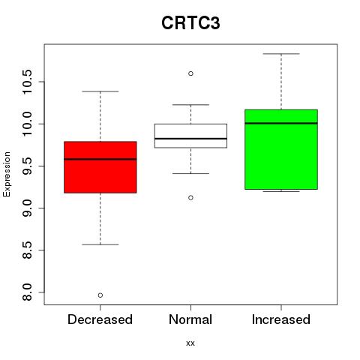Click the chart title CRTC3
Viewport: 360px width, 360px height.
[190, 23]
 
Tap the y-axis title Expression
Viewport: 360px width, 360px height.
[7, 174]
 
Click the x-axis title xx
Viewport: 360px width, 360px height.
[190, 343]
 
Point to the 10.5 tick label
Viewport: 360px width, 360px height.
[27, 82]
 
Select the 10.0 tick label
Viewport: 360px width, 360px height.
[27, 124]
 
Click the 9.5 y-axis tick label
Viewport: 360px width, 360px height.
[27, 166]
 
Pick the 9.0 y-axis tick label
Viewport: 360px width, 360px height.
[27, 208]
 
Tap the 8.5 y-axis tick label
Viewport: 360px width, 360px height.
[27, 250]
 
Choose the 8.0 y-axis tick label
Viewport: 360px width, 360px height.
[27, 292]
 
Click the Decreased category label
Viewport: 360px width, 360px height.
[100, 319]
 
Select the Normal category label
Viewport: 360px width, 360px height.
[190, 319]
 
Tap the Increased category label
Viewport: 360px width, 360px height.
[281, 319]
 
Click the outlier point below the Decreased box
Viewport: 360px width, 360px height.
[100, 295]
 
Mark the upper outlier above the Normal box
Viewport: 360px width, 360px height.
[190, 73]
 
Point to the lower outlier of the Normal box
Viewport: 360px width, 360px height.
[190, 198]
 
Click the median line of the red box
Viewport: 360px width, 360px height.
[100, 159]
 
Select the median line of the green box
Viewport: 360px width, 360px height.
[281, 123]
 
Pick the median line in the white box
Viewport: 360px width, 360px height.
[190, 139]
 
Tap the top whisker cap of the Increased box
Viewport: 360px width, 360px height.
[281, 54]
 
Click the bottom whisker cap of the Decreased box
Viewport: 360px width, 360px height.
[100, 244]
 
